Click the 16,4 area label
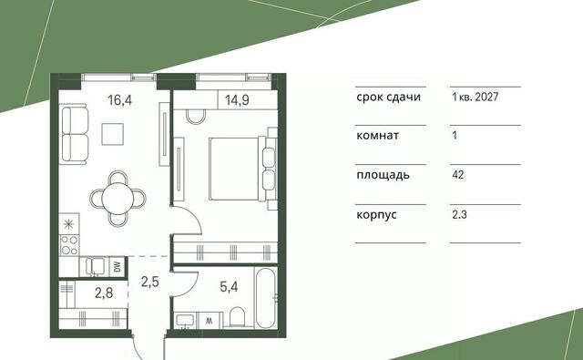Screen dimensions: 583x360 119,100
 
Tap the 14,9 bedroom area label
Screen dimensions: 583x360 237,100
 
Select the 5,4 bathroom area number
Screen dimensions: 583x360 229,287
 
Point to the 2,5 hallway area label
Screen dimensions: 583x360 149,282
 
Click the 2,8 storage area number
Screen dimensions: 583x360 104,293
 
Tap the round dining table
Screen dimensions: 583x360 118,198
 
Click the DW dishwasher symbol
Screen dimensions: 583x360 118,267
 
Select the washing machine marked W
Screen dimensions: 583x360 210,321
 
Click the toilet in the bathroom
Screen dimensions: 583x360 237,317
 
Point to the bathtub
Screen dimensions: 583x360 266,298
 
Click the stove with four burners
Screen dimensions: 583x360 69,245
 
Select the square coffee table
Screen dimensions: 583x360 112,134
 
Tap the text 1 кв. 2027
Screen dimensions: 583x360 476,98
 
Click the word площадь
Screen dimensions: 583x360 383,175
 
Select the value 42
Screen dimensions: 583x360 458,174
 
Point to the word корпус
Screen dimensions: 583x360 376,215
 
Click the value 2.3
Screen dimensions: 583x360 459,214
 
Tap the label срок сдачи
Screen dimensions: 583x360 389,98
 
